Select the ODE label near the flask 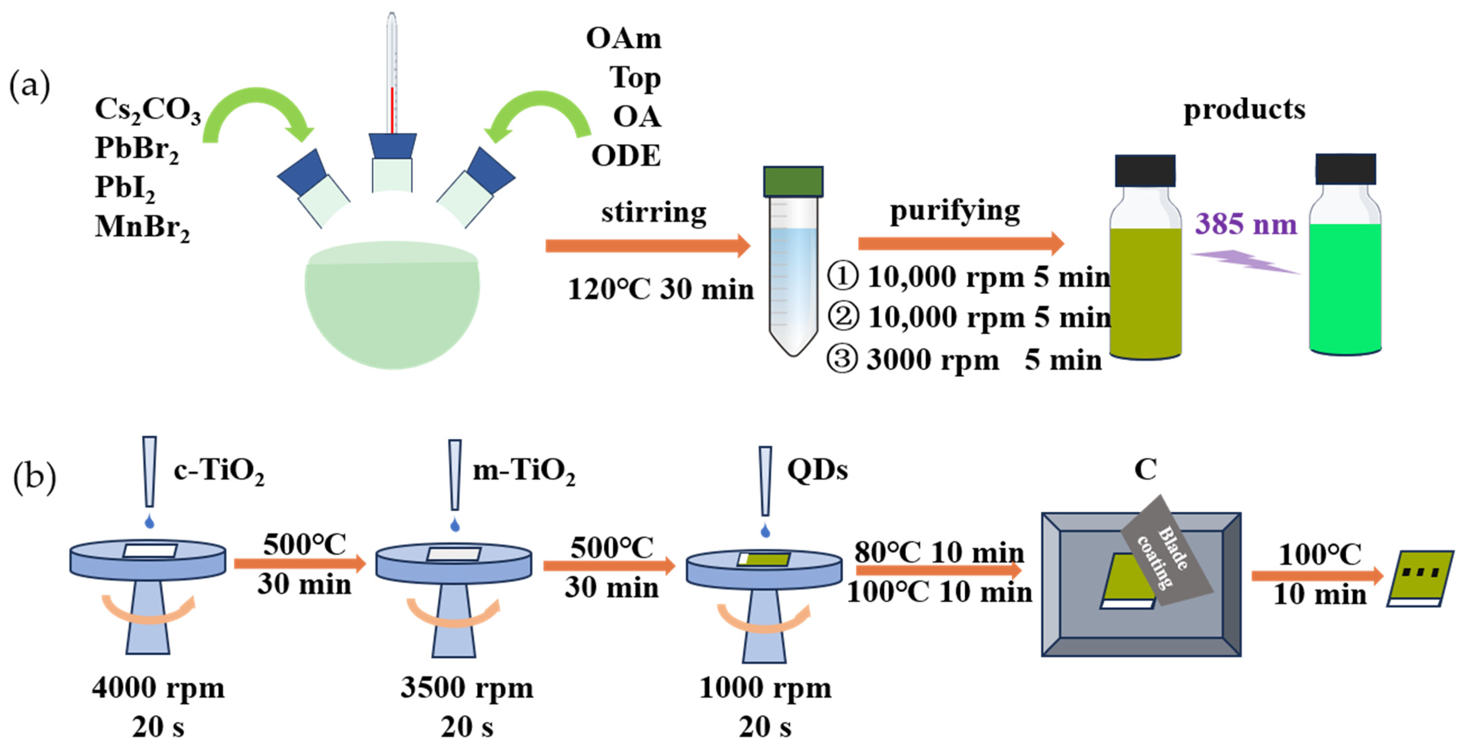[626, 156]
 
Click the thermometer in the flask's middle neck [392, 74]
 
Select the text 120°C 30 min [661, 289]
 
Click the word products [1244, 110]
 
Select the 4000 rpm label [158, 688]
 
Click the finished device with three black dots [1420, 578]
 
